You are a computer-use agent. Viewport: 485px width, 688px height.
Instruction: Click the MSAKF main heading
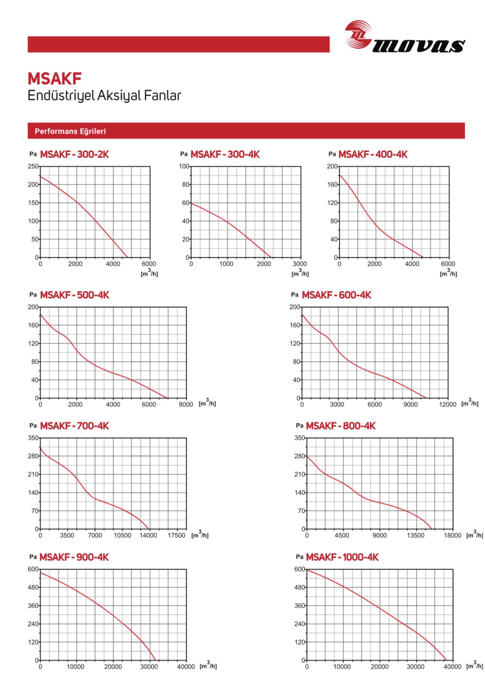54,79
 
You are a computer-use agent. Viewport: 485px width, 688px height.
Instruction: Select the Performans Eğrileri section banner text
70,131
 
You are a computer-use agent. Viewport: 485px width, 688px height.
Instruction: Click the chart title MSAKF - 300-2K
74,154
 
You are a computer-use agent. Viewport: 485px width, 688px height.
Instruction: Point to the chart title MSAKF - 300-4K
225,154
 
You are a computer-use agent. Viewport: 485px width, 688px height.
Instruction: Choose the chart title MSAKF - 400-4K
373,154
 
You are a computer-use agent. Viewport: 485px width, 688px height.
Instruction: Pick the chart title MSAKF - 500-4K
74,295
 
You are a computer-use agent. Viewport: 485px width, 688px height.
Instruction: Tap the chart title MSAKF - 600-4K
336,295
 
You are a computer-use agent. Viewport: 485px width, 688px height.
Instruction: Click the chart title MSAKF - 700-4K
74,426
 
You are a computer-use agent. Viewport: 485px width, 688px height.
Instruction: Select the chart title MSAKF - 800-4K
341,426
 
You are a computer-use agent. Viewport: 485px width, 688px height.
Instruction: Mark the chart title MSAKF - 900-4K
74,557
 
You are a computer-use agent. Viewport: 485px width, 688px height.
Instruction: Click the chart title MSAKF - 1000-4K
342,557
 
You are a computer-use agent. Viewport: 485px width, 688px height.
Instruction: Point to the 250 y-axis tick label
33,166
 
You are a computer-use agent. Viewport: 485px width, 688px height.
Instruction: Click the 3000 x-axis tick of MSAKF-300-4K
300,264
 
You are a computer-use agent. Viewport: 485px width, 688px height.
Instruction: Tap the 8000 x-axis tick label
186,404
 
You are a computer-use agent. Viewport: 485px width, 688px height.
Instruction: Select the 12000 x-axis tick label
447,404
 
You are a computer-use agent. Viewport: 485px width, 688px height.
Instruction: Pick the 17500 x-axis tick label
176,535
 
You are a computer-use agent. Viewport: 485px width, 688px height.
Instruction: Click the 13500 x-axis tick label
415,535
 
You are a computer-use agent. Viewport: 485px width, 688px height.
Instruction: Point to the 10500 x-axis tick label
122,535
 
